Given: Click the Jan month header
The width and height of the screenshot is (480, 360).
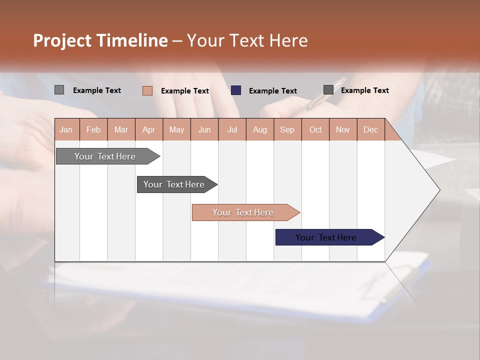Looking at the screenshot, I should pyautogui.click(x=66, y=130).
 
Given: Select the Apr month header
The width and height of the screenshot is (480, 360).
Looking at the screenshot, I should pyautogui.click(x=148, y=130).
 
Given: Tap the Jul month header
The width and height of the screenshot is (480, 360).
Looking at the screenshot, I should pyautogui.click(x=232, y=130).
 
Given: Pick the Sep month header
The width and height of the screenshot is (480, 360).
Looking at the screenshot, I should pyautogui.click(x=287, y=130).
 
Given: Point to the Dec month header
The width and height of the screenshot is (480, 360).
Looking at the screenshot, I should pyautogui.click(x=370, y=130).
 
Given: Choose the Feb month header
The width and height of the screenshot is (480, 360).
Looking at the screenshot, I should pyautogui.click(x=93, y=130).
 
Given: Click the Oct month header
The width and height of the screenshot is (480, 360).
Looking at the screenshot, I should pyautogui.click(x=315, y=130).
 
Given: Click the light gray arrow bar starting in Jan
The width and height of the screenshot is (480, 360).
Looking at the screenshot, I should pyautogui.click(x=105, y=156).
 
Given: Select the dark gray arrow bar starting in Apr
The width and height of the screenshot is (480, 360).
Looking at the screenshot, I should pyautogui.click(x=174, y=184).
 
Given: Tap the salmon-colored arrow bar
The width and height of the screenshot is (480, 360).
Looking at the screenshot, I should pyautogui.click(x=243, y=212).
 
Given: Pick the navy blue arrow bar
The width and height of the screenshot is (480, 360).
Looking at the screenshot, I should pyautogui.click(x=326, y=237).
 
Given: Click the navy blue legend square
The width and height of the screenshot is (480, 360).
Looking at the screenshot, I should pyautogui.click(x=236, y=90).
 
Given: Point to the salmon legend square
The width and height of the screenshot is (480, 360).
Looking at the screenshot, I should pyautogui.click(x=147, y=90).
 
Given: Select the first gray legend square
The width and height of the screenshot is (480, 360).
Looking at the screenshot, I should pyautogui.click(x=59, y=90).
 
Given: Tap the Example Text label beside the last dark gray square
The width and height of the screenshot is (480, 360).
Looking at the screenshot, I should pyautogui.click(x=364, y=90).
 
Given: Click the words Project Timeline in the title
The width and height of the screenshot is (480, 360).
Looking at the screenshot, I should pyautogui.click(x=100, y=40).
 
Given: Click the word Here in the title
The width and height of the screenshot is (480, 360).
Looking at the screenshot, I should pyautogui.click(x=288, y=40).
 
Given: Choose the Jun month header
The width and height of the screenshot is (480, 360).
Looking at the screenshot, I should pyautogui.click(x=204, y=130).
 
